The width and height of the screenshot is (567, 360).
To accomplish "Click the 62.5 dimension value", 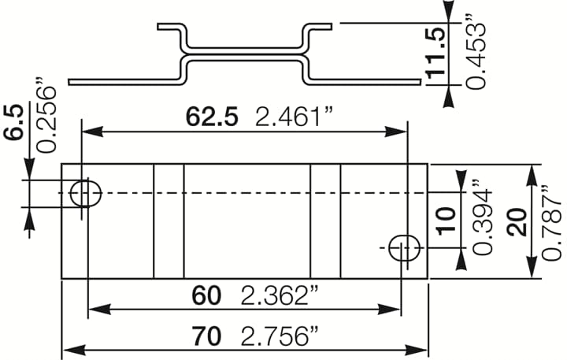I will [211, 117].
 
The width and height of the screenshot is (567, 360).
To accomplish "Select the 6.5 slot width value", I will [13, 123].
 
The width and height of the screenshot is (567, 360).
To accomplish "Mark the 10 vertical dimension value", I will [446, 220].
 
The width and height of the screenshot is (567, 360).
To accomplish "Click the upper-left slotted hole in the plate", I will [86, 192].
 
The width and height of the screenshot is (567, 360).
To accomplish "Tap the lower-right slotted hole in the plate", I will [405, 247].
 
